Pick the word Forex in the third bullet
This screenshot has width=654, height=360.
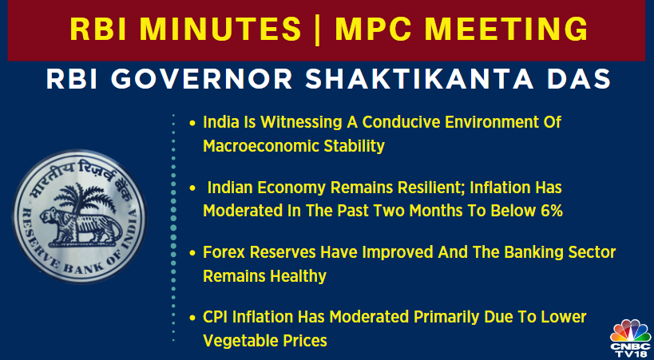click(x=224, y=254)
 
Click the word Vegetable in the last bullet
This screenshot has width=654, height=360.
click(x=239, y=340)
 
